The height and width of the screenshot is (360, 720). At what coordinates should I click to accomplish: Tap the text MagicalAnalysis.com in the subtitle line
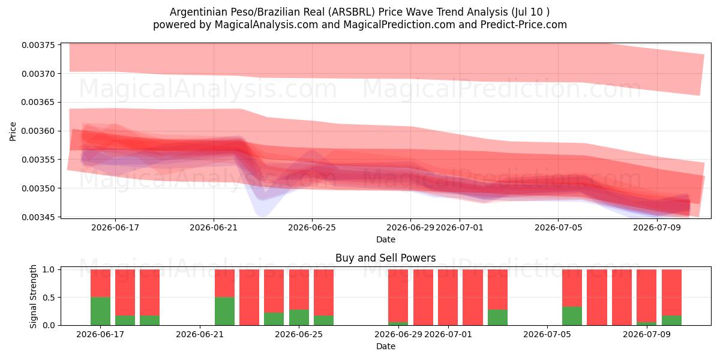point(266,25)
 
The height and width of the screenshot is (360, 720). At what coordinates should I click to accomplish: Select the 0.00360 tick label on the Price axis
point(38,131)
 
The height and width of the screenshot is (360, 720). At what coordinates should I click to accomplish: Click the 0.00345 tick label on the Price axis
point(38,217)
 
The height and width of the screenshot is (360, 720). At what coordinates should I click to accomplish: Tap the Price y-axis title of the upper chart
point(13,131)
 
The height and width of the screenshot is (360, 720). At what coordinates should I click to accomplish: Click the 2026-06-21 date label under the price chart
point(214,227)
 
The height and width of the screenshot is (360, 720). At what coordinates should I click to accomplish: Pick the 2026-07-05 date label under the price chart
point(559,227)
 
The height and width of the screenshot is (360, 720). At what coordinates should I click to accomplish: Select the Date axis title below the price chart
point(386,239)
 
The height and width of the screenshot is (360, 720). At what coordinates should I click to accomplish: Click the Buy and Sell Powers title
point(386,258)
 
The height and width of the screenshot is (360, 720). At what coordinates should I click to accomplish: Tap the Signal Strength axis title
point(33,296)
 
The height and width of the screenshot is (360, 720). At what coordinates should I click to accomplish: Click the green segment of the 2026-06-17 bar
point(100,311)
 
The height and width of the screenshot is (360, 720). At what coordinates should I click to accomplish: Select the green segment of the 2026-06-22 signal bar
point(224,311)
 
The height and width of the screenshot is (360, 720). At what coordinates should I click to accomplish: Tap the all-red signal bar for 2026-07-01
point(448,298)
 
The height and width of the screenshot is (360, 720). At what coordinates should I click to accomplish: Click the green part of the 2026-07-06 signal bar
point(572,316)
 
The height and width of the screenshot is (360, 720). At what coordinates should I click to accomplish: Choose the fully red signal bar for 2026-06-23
point(249,298)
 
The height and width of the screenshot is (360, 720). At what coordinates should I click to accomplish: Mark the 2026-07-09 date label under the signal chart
point(647,334)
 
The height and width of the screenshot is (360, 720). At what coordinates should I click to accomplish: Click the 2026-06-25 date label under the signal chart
point(299,334)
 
